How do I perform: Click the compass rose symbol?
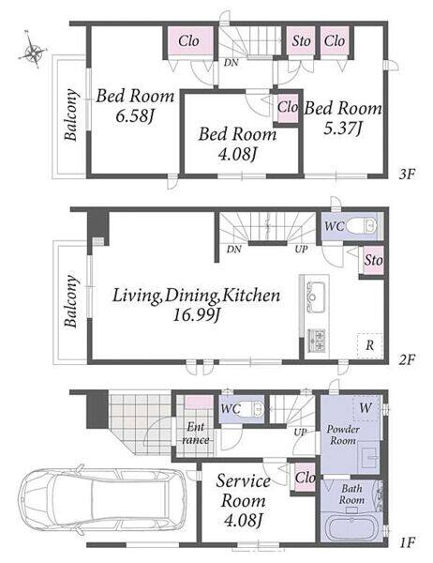tap(32, 50)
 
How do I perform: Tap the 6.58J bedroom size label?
tap(135, 115)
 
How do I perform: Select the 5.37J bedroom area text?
tap(342, 129)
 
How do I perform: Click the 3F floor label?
tap(407, 175)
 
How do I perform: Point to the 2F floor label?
tap(407, 358)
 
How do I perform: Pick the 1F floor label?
tap(407, 541)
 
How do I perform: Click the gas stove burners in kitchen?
tap(317, 340)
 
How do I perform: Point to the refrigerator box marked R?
tap(369, 345)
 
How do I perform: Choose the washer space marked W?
tap(366, 408)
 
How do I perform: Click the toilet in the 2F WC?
tap(362, 226)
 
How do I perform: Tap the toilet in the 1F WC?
tap(256, 409)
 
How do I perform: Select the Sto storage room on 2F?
tap(373, 260)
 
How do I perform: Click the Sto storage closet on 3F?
tap(301, 41)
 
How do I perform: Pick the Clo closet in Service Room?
tap(305, 478)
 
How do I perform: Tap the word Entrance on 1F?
tap(196, 434)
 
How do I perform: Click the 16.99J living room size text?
tap(196, 315)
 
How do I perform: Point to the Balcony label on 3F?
tap(71, 114)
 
